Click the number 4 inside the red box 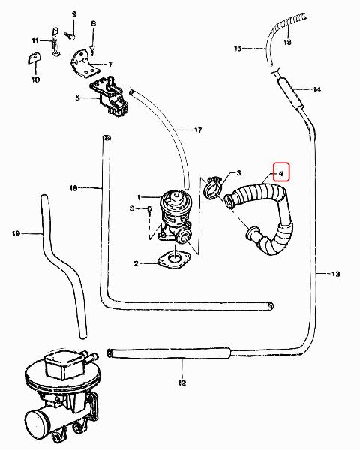(x=281, y=173)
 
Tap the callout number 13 (x=335, y=274)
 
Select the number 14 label (x=316, y=89)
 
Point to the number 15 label (x=238, y=49)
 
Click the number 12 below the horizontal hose (x=182, y=382)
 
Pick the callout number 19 (x=16, y=233)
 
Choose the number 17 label (x=198, y=130)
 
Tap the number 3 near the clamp (x=238, y=172)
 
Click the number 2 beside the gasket (x=136, y=263)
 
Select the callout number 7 (x=110, y=64)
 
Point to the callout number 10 (x=35, y=79)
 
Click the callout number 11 (x=35, y=40)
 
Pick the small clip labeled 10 (x=34, y=58)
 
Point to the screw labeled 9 (x=70, y=35)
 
